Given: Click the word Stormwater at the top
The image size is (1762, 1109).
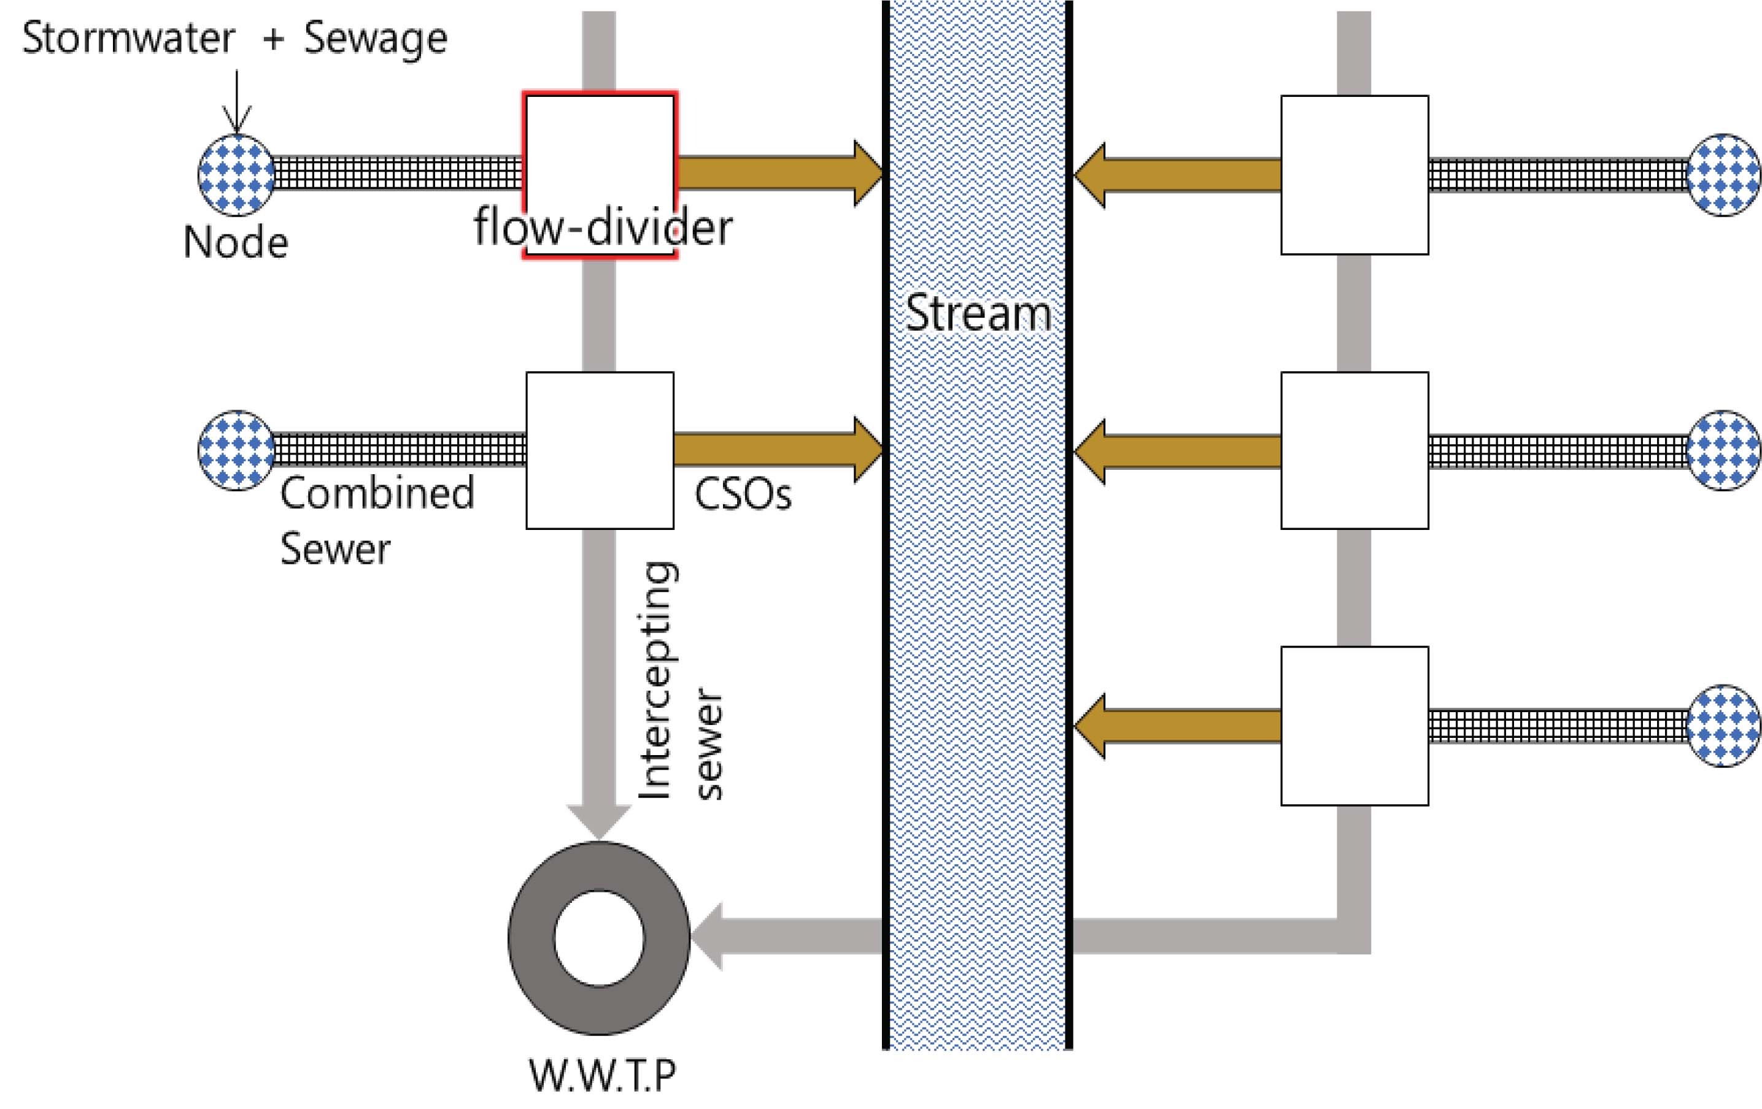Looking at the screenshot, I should [x=128, y=38].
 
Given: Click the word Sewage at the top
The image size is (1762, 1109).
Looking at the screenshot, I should [x=374, y=39].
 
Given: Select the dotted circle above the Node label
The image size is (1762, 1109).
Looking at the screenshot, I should [x=236, y=175].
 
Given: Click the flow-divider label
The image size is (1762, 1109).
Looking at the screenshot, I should [x=602, y=228].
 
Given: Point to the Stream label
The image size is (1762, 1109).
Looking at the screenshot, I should [x=978, y=313].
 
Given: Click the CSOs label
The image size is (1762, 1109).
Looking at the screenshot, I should [x=743, y=494].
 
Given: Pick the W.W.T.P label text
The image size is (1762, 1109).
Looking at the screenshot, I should [x=601, y=1075].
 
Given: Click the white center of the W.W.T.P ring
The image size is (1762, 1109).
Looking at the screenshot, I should [x=599, y=938].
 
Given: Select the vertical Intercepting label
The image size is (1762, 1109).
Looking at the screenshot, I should [x=656, y=680].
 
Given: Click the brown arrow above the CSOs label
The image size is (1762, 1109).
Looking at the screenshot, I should [x=776, y=450].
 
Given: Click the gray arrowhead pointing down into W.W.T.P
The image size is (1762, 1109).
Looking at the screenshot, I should [x=598, y=821].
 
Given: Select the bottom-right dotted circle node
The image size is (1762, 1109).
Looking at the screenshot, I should [x=1724, y=726].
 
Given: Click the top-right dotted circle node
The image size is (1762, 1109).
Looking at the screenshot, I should [x=1724, y=175].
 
